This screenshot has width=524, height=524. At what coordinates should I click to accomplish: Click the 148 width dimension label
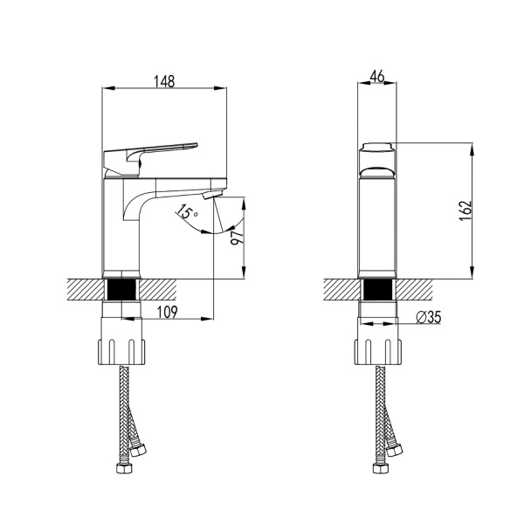pyautogui.click(x=164, y=81)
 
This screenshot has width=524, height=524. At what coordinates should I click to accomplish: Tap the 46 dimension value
pyautogui.click(x=377, y=76)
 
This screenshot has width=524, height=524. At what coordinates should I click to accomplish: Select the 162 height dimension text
pyautogui.click(x=465, y=210)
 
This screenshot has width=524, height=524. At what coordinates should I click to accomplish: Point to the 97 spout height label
pyautogui.click(x=238, y=238)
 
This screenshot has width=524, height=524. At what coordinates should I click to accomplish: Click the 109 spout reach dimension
pyautogui.click(x=167, y=312)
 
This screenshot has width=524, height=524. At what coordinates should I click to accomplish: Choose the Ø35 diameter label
pyautogui.click(x=429, y=317)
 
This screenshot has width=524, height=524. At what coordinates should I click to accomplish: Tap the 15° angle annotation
pyautogui.click(x=187, y=211)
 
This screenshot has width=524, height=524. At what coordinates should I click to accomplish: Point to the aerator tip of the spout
pyautogui.click(x=212, y=194)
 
